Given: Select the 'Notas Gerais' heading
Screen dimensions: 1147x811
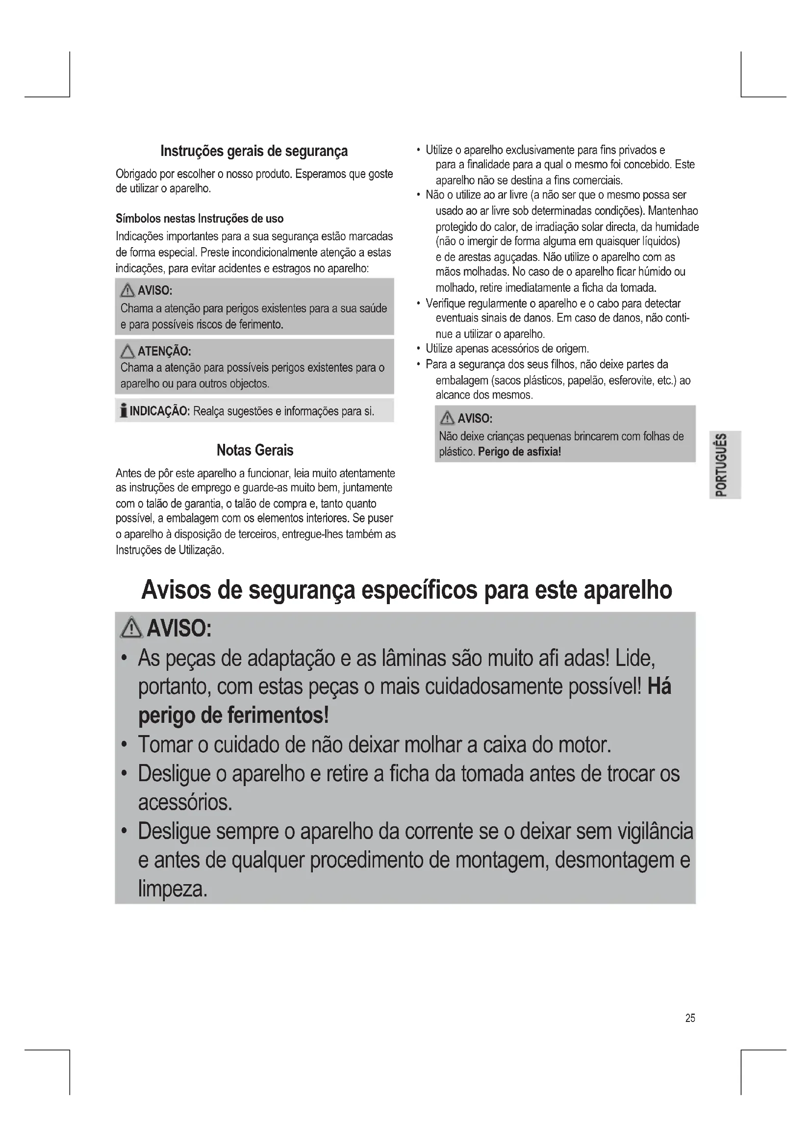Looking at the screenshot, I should coord(254,450).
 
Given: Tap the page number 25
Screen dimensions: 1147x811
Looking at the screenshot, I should coord(690,1018).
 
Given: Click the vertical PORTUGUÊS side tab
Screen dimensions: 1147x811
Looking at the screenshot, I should coord(725,464).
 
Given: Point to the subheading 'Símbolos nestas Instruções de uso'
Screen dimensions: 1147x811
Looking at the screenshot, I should coord(199,218).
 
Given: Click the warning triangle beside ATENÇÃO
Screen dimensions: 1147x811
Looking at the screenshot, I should coord(128,352).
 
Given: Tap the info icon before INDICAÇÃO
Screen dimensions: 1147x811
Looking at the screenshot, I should coord(123,410).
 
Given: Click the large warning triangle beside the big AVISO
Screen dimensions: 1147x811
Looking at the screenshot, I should coord(132,628).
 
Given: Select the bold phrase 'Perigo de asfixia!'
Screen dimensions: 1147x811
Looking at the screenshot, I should coord(519,452).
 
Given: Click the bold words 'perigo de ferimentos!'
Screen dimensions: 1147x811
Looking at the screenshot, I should coord(233,715).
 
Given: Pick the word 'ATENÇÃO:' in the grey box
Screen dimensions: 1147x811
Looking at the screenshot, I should coord(164,351).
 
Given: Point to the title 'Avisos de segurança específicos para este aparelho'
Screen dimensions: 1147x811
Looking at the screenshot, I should coord(406,590).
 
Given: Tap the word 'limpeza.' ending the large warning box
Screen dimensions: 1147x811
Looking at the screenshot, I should coord(172,889).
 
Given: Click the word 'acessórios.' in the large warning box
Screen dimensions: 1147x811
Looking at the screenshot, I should coord(185,802).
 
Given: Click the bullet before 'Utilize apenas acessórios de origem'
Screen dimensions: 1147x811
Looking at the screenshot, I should coord(418,349).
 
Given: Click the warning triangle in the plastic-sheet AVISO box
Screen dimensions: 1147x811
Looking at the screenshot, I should coord(448,418).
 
